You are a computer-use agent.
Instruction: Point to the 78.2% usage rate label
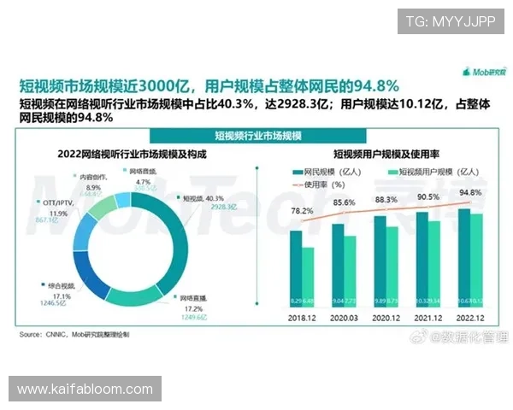[x=301, y=209]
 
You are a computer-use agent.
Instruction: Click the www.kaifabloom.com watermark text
[x=85, y=389]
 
